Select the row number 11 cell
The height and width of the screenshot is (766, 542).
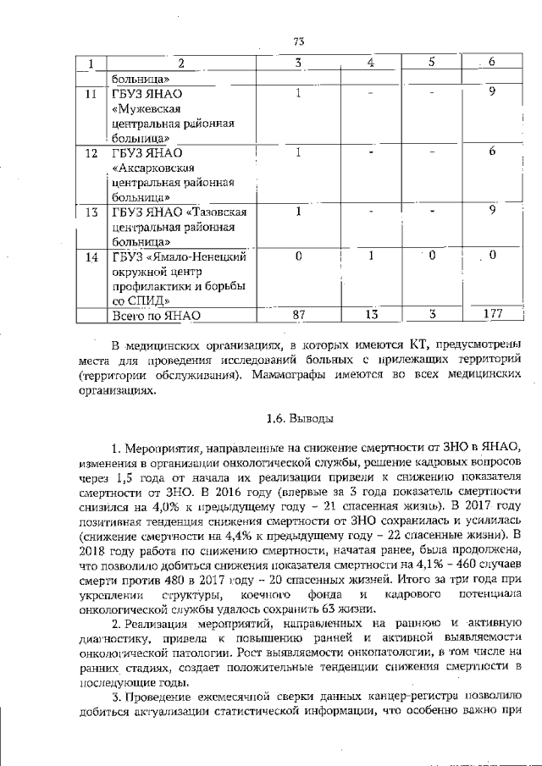point(89,92)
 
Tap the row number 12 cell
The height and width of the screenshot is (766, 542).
point(89,153)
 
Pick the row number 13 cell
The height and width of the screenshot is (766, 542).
point(89,212)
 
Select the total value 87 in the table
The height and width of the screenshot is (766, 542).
point(298,315)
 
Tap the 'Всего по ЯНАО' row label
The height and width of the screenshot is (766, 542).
point(156,316)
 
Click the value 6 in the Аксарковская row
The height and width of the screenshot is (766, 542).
point(491,152)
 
